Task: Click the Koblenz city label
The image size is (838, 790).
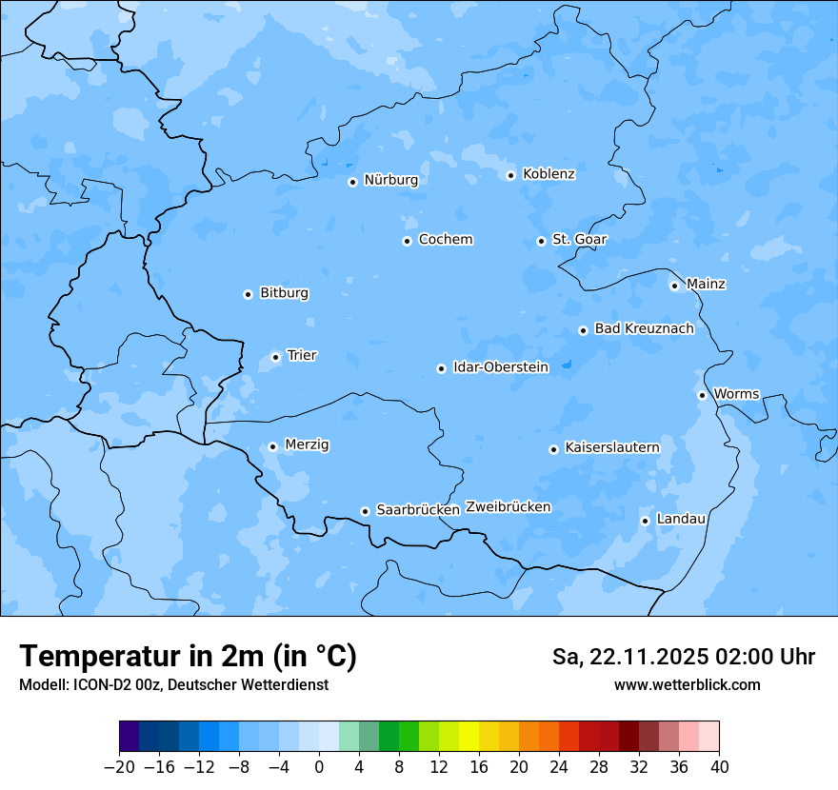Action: click(549, 174)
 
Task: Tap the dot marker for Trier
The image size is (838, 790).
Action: click(275, 357)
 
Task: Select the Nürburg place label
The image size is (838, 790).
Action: click(390, 180)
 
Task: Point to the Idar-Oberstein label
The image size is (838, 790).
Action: click(500, 367)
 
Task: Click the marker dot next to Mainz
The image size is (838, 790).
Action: click(674, 286)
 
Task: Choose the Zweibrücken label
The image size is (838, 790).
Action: click(508, 507)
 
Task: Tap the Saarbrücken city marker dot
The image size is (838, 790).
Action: click(365, 511)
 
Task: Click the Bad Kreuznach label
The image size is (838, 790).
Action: click(644, 329)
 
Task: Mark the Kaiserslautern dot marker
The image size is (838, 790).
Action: click(553, 449)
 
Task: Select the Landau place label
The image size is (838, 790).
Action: click(681, 520)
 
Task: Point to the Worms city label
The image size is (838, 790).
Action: click(736, 394)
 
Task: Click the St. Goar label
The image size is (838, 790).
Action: click(579, 240)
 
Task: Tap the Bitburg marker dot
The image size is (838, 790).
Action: click(248, 294)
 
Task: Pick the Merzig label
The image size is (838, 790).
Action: click(307, 445)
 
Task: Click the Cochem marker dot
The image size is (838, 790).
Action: click(407, 241)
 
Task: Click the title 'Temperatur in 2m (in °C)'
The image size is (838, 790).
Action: click(188, 657)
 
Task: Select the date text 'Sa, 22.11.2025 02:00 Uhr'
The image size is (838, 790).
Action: click(683, 658)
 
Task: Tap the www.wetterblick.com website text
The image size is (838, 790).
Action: click(687, 685)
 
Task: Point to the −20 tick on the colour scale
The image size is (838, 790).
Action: click(119, 767)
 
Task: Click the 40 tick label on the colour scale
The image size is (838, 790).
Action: click(719, 767)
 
